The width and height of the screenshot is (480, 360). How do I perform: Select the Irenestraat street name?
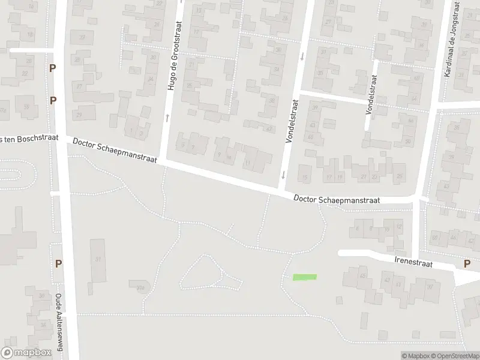pyautogui.click(x=413, y=263)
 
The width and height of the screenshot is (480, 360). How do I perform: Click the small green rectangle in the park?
pyautogui.click(x=304, y=277)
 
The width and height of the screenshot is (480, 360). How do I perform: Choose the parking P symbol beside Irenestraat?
pyautogui.click(x=467, y=263)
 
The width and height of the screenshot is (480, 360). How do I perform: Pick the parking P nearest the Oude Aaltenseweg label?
pyautogui.click(x=58, y=263)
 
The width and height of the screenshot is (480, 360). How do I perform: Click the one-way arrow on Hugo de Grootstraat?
pyautogui.click(x=167, y=118)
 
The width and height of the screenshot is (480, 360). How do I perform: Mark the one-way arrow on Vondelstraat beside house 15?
pyautogui.click(x=282, y=175)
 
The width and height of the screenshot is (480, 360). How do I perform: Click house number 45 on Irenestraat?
pyautogui.click(x=362, y=276)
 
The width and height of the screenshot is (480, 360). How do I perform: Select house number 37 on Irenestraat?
pyautogui.click(x=430, y=287)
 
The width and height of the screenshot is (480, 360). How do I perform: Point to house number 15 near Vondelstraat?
pyautogui.click(x=305, y=177)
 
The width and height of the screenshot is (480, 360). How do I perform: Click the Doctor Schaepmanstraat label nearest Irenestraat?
pyautogui.click(x=337, y=200)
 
